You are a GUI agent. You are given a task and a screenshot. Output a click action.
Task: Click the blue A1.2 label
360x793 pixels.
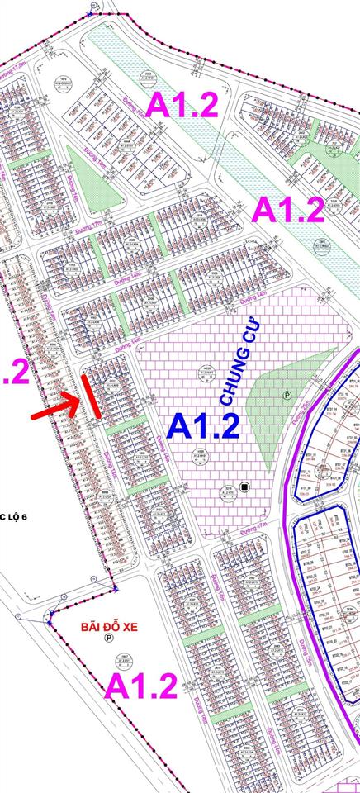coord(203,425)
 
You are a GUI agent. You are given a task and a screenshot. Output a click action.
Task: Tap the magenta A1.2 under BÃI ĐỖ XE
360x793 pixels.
coord(141,686)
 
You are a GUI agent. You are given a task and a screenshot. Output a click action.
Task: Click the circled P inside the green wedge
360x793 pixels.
coord(287,396)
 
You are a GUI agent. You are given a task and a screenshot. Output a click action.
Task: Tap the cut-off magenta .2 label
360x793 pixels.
coord(15,371)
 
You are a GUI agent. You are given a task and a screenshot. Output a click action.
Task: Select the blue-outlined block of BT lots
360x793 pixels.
coord(330,570)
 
